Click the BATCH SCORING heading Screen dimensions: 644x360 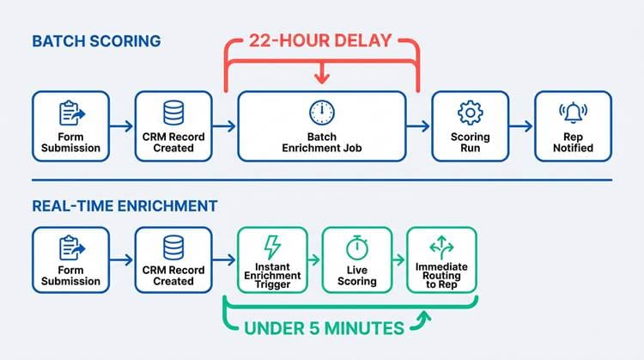coord(96,41)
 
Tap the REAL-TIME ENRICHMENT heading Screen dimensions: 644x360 coord(125,206)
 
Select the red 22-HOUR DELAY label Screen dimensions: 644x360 coord(320,40)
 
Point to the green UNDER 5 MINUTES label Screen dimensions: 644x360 coord(324,328)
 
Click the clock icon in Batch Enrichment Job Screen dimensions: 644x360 coord(322,113)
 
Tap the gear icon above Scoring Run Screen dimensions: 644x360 coord(470,113)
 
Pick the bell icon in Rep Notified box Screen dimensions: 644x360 coord(573,113)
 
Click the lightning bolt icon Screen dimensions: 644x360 coord(272,247)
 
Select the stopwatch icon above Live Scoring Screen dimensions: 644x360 coord(357,247)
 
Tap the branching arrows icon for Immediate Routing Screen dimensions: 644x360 coord(441,247)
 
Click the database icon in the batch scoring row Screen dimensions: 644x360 coord(173,113)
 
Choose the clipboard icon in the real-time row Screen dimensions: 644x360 coord(72,247)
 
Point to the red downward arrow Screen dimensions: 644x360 coord(322,73)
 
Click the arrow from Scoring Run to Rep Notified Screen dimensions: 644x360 coord(521,126)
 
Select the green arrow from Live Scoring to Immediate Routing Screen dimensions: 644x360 coord(398,259)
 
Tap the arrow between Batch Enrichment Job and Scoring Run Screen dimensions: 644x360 coord(418,126)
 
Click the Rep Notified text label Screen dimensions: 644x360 coord(573,142)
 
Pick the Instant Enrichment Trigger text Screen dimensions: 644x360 coord(272,275)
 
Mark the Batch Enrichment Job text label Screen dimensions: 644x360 coord(322,142)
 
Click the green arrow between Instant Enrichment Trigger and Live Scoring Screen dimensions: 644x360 coord(313,259)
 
